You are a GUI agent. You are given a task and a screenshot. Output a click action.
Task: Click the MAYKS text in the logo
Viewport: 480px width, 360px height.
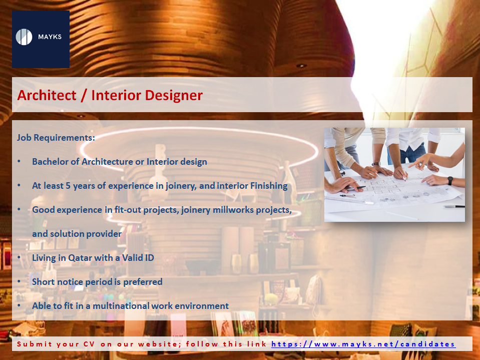pyautogui.click(x=50, y=37)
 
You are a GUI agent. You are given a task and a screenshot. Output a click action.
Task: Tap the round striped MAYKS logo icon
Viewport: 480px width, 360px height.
pyautogui.click(x=24, y=37)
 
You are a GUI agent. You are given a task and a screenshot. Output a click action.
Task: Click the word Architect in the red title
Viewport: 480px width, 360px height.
pyautogui.click(x=47, y=95)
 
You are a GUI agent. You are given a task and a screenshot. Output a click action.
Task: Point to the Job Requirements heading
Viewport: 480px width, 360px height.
pyautogui.click(x=56, y=138)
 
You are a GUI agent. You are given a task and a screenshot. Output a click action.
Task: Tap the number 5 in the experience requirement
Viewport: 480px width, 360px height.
pyautogui.click(x=68, y=186)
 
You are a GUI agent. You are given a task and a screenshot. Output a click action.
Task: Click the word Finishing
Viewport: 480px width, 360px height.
pyautogui.click(x=269, y=186)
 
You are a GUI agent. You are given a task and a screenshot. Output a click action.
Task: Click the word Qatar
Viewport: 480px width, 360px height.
pyautogui.click(x=80, y=258)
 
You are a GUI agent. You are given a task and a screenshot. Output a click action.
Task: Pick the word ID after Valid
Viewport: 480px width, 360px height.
pyautogui.click(x=149, y=258)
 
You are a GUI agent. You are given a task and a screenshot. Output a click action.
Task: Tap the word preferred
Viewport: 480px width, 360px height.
pyautogui.click(x=143, y=282)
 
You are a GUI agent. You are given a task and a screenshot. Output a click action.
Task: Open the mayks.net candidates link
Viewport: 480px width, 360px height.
pyautogui.click(x=363, y=344)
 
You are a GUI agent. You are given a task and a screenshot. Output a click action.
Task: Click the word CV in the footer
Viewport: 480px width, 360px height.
pyautogui.click(x=89, y=344)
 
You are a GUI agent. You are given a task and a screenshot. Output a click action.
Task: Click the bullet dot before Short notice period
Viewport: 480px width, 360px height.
pyautogui.click(x=19, y=281)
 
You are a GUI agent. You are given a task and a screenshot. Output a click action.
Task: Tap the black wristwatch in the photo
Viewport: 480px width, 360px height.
pyautogui.click(x=450, y=181)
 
